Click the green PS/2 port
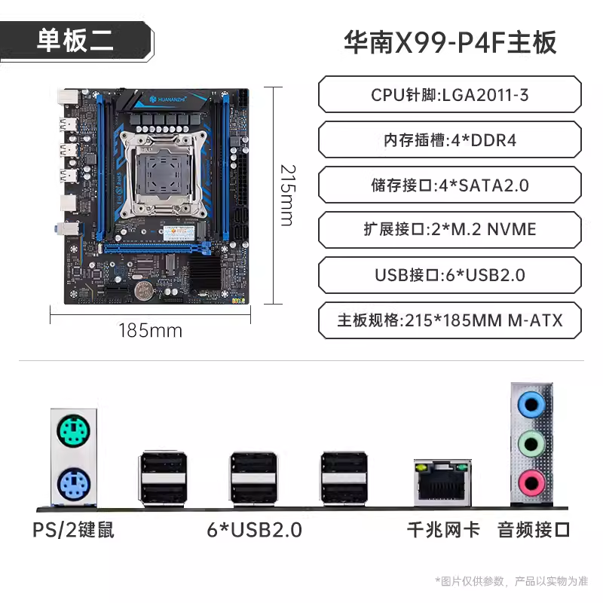tap(73, 430)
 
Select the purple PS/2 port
tap(73, 484)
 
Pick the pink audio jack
tap(531, 483)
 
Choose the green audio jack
tap(531, 444)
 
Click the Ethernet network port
tap(442, 482)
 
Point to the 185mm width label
tap(150, 331)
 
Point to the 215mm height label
tap(288, 195)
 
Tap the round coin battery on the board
tap(143, 291)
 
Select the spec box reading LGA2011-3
tap(449, 95)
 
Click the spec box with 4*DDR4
tap(449, 139)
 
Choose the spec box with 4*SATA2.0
tap(449, 185)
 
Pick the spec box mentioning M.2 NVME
tap(449, 230)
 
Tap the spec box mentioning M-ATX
tap(449, 320)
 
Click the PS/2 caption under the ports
tap(73, 530)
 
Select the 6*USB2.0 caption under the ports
tap(254, 530)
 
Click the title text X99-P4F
tap(451, 42)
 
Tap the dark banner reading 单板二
tap(77, 41)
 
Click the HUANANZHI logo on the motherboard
tap(167, 99)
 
